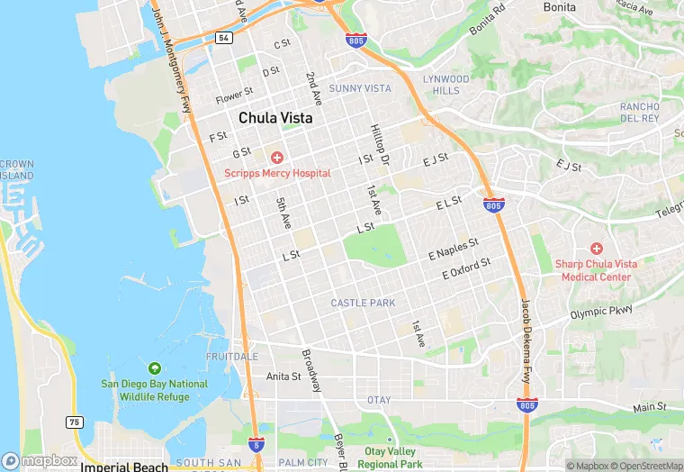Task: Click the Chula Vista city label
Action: pos(275,118)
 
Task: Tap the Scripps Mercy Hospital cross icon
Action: pos(277,158)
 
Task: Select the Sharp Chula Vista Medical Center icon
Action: pos(596,248)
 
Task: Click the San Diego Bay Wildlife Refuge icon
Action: pos(154,368)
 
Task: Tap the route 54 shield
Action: pos(223,38)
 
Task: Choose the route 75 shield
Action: pos(73,422)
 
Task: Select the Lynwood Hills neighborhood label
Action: pos(445,85)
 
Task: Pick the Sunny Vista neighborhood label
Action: pos(360,88)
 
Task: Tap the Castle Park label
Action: pos(363,304)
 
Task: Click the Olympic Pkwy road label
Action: pos(601,313)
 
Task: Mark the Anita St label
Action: pos(283,377)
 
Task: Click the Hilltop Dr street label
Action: pos(379,144)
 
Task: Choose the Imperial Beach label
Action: pos(124,467)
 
